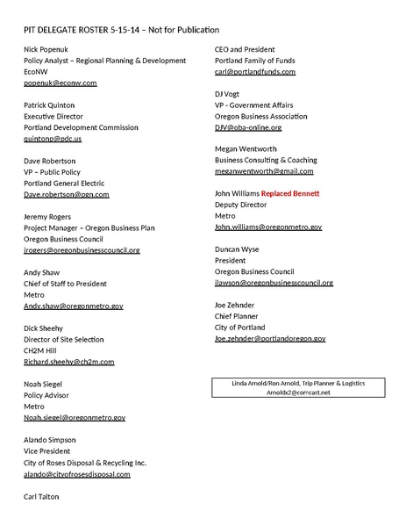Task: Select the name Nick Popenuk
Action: click(48, 49)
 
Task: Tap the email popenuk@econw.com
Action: click(60, 83)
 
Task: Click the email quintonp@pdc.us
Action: click(53, 139)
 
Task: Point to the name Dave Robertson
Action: click(50, 162)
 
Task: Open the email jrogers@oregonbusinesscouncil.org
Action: click(82, 250)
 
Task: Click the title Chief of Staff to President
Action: click(65, 284)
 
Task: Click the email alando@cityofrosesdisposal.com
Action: click(77, 474)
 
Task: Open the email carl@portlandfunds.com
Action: click(255, 71)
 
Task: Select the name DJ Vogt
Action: click(228, 94)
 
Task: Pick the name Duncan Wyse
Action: click(237, 249)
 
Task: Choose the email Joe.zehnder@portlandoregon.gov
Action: click(270, 338)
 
